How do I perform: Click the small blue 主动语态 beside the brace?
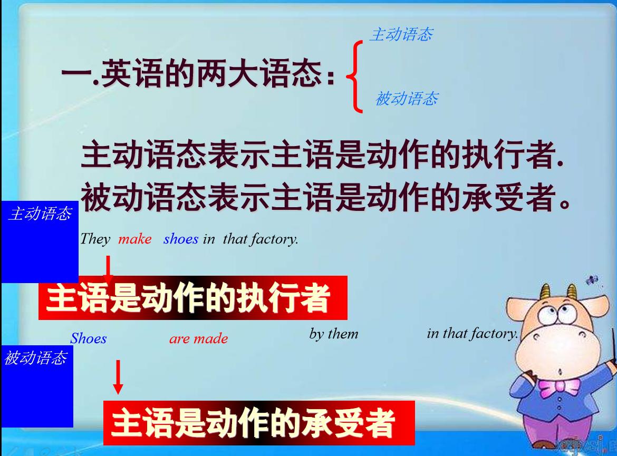[401, 35]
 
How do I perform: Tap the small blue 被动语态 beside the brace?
[406, 99]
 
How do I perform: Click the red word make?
[134, 239]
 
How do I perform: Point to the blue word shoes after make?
[180, 239]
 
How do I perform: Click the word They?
[95, 239]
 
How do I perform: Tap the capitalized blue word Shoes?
[88, 338]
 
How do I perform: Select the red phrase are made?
[198, 338]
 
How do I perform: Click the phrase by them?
[333, 334]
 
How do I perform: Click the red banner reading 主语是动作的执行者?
[193, 298]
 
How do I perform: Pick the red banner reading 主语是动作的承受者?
[258, 423]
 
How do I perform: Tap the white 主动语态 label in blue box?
[40, 214]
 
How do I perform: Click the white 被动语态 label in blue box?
[35, 358]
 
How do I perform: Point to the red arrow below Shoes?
[118, 376]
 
